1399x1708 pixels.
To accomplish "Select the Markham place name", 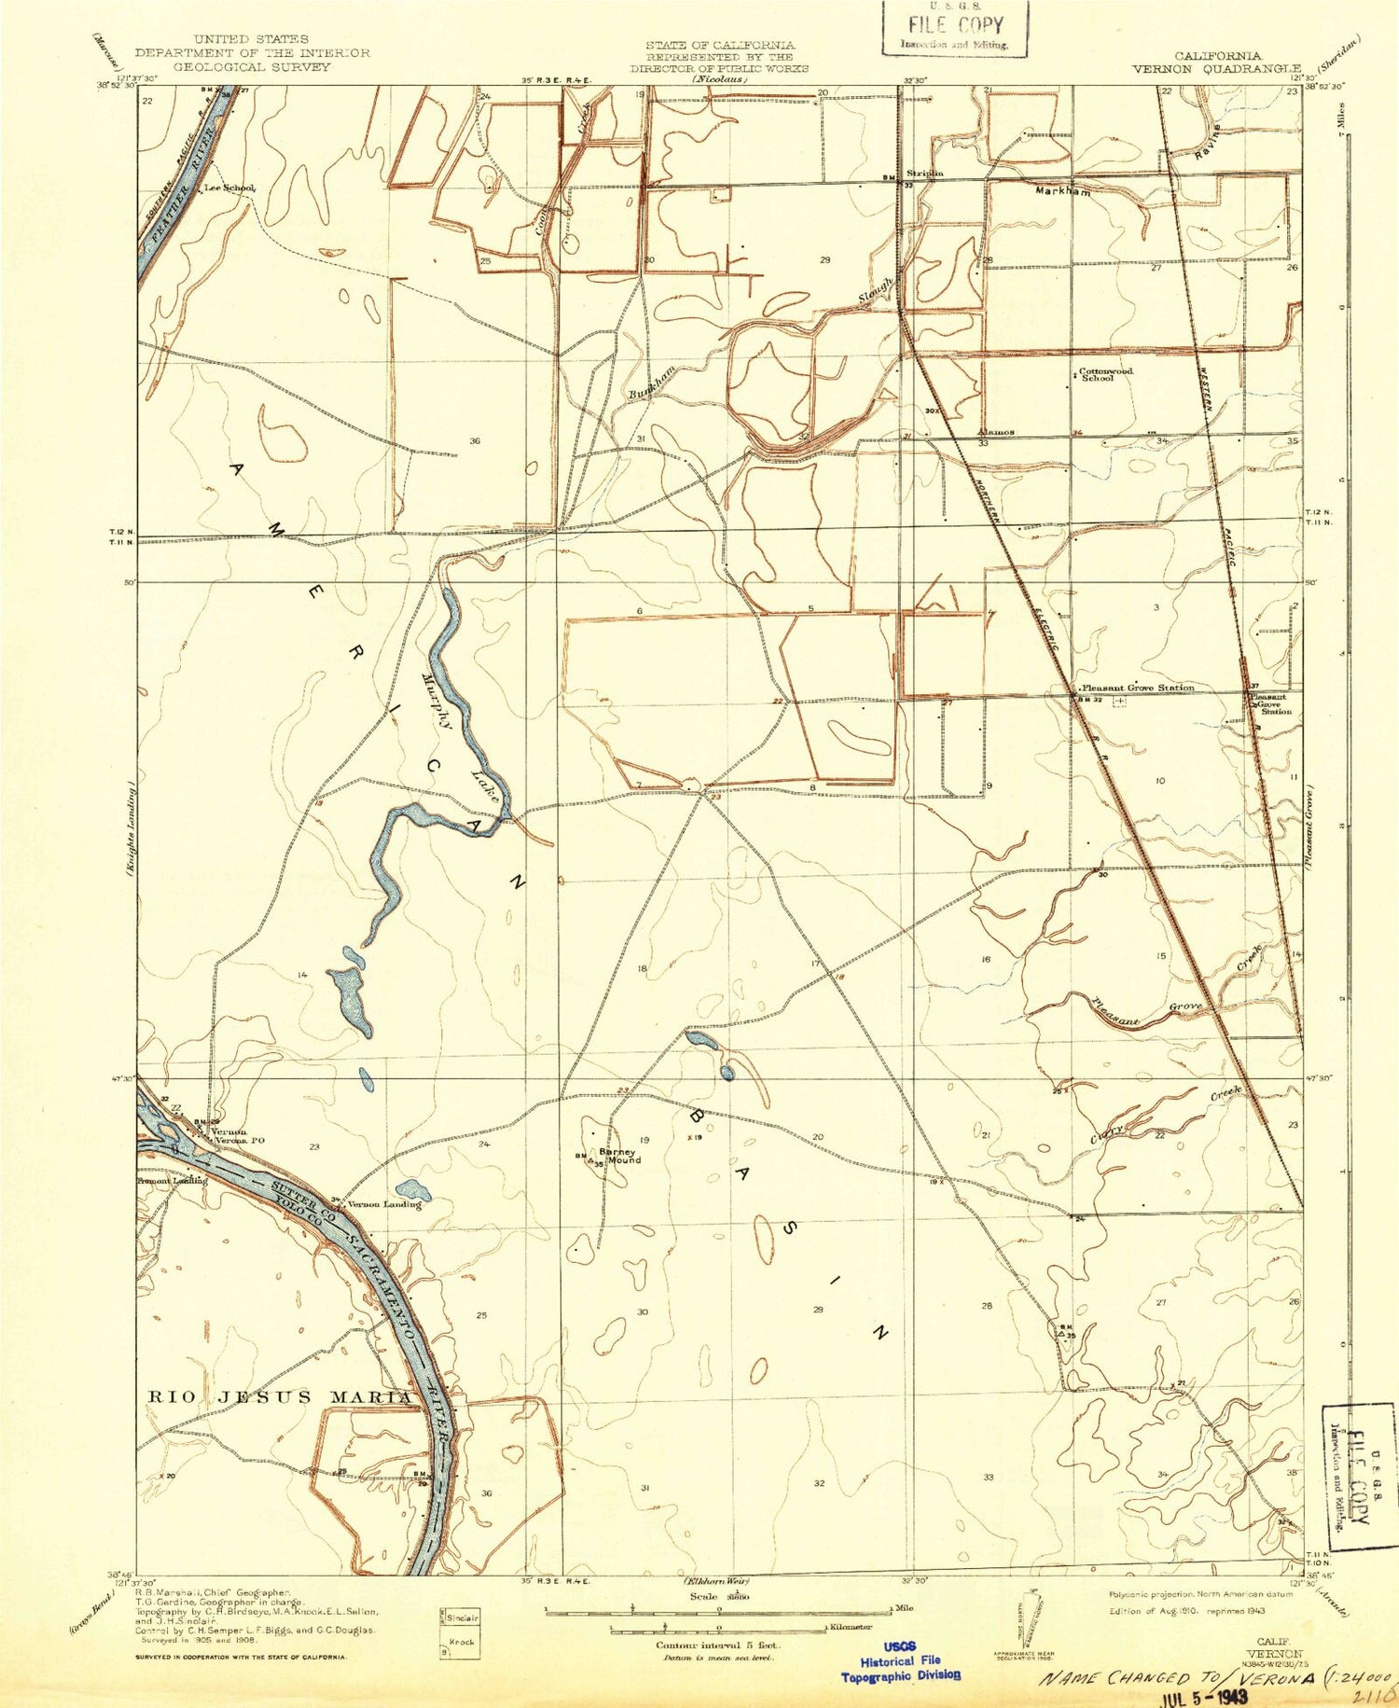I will pos(1063,191).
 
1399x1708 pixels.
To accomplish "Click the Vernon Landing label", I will pos(384,1204).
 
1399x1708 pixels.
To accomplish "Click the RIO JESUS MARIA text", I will pos(280,1396).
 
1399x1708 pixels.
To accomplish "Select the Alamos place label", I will pos(995,433).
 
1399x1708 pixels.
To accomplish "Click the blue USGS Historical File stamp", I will pos(901,1661).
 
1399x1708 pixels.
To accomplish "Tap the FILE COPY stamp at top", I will pos(955,28).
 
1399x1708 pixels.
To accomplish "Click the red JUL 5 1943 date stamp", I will pos(1202,1696).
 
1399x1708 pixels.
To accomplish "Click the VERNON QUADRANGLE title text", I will pos(1216,68).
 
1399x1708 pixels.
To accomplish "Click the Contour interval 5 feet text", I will pos(717,1646).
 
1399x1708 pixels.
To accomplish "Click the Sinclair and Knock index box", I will pos(461,1632).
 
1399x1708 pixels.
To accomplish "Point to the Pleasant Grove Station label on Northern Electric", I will pos(1137,687).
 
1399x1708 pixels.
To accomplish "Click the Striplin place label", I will pos(925,174).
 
